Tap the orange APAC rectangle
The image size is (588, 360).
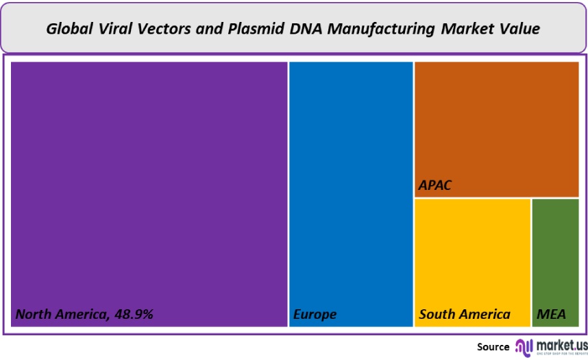(496, 123)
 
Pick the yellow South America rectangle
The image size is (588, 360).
(472, 254)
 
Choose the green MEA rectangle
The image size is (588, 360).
(555, 254)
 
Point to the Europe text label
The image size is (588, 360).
(315, 315)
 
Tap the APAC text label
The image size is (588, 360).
(435, 186)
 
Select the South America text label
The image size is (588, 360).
(465, 315)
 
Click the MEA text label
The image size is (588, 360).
(551, 315)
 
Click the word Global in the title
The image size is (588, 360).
(69, 29)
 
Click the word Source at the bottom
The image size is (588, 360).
(493, 347)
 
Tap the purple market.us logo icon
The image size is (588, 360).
(524, 346)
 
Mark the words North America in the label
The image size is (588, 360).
(60, 315)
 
